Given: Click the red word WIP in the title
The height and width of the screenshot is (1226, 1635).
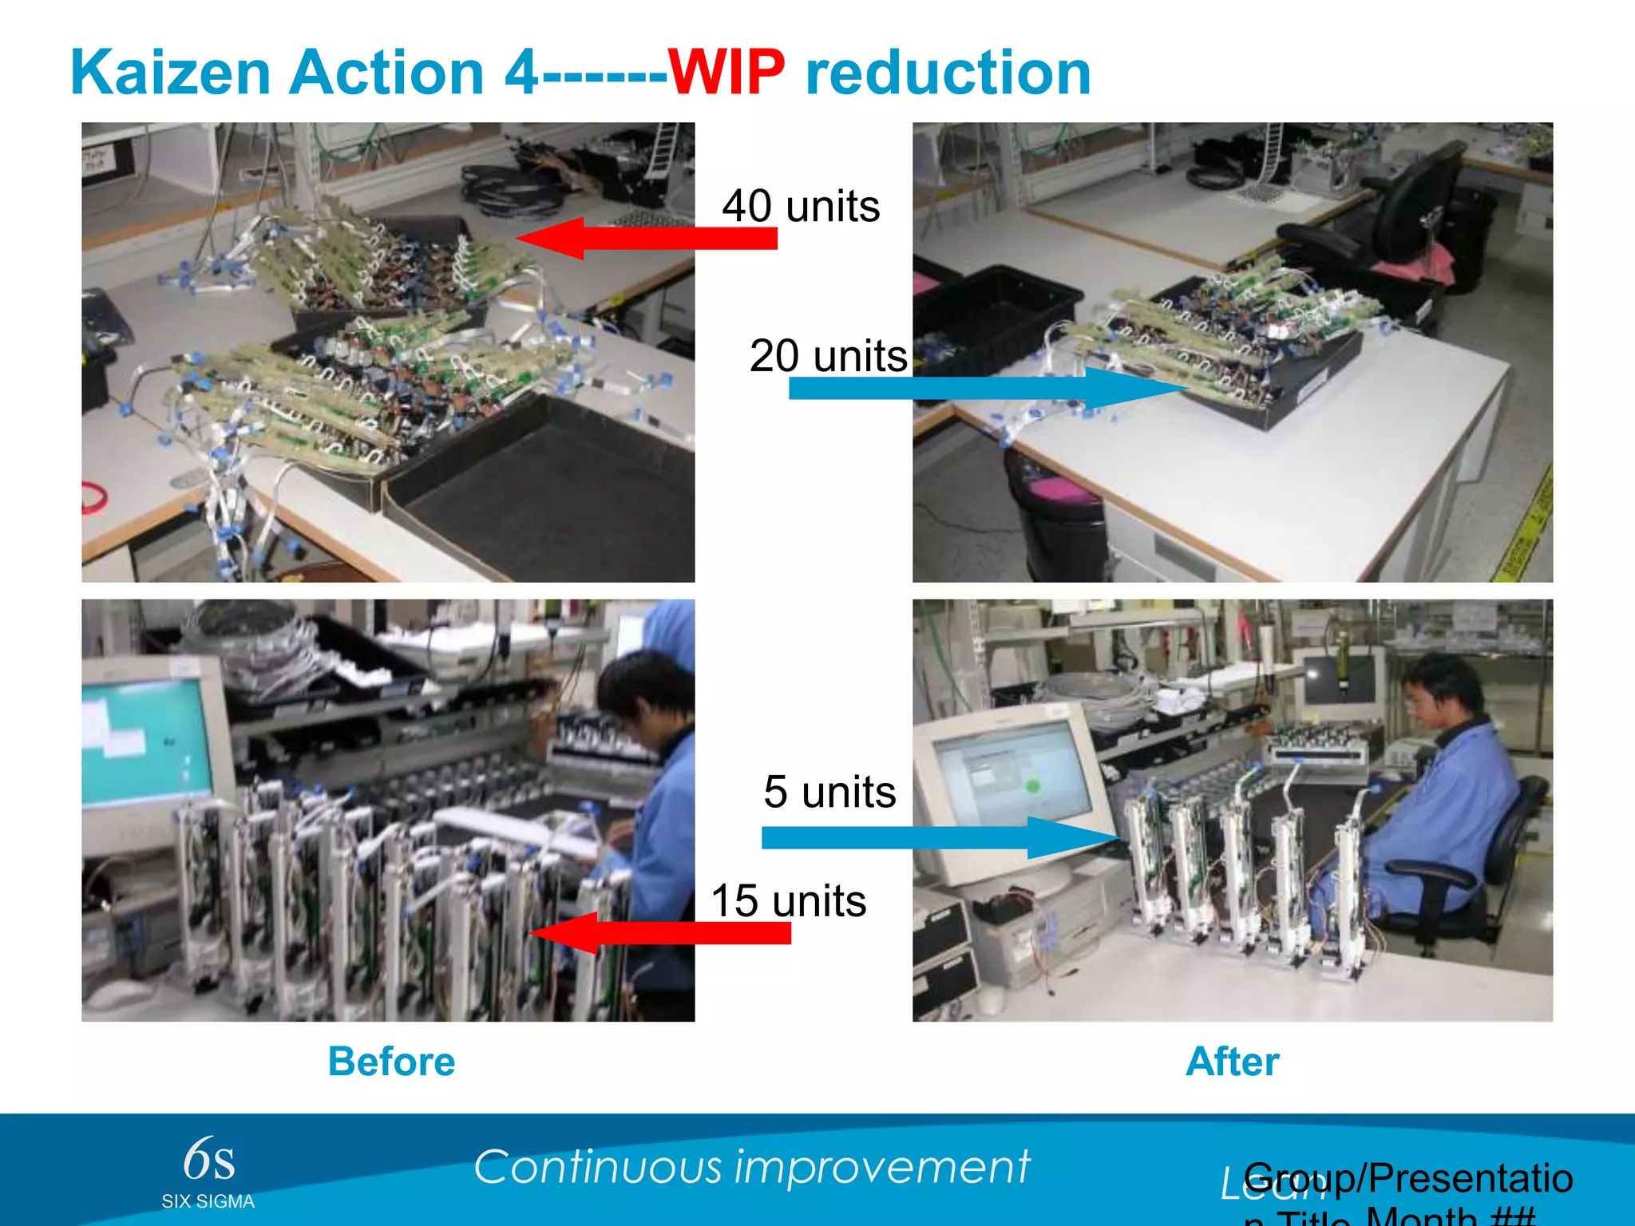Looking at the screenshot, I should coord(726,73).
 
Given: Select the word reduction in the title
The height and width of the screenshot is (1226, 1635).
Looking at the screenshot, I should coord(948,73).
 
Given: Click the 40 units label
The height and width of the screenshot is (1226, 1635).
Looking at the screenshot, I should coord(801,206).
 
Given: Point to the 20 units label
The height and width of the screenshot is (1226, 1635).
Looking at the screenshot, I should coord(828,355).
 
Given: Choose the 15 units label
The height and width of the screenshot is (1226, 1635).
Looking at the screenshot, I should coord(788,900).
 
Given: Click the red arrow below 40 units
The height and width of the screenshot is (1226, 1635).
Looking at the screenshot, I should coord(647,238).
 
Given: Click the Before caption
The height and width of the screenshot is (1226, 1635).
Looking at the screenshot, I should coord(391,1062).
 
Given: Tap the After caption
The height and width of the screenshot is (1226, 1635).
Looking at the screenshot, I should coord(1232,1062).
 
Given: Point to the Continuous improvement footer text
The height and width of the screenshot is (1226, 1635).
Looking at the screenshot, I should coord(751,1167).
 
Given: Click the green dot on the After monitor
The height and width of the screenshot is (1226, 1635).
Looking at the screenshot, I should coord(1032,786).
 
